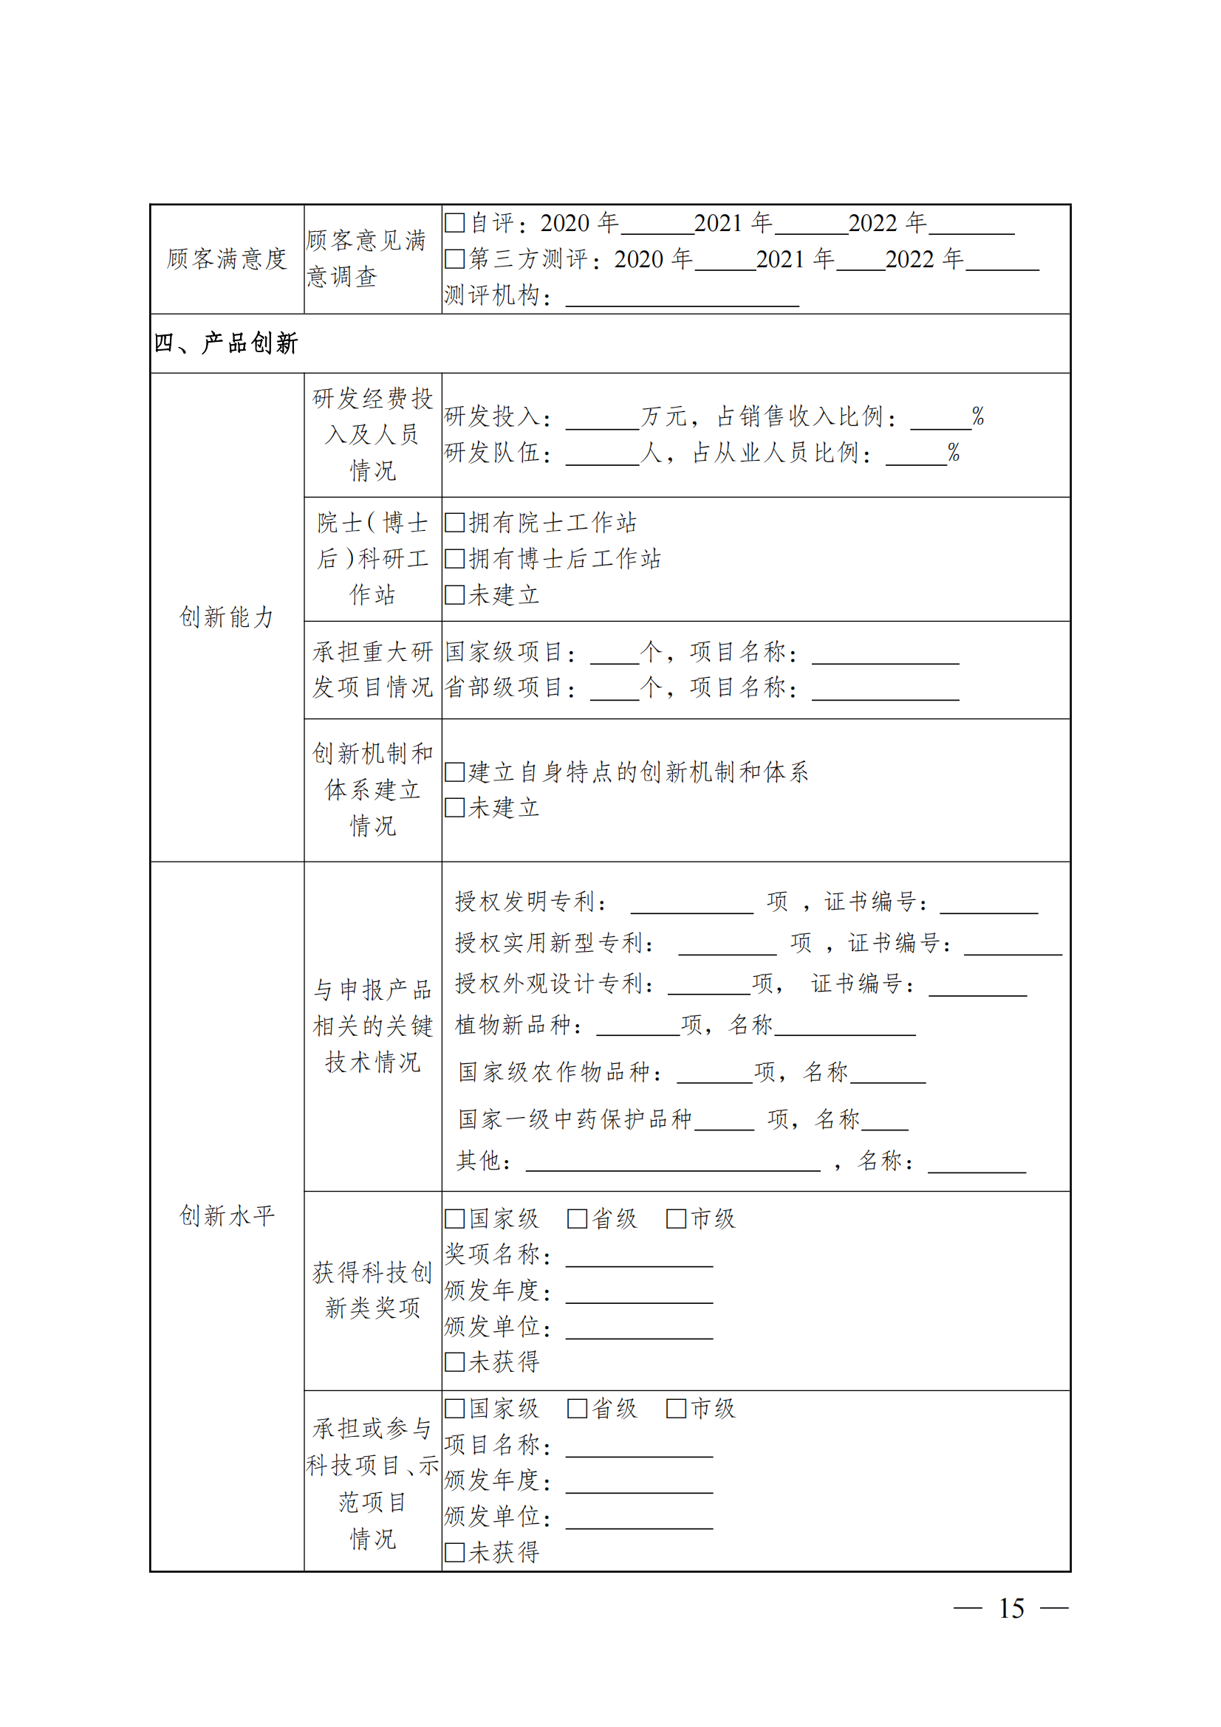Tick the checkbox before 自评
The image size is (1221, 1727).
[x=454, y=223]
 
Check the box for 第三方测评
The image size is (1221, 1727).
[x=454, y=258]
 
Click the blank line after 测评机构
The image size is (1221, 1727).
[x=682, y=299]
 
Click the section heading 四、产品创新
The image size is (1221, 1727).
[x=227, y=344]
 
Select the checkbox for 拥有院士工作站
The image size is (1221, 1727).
[x=454, y=523]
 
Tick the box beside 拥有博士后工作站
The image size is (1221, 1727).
[x=454, y=559]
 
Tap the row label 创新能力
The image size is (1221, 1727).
[x=227, y=617]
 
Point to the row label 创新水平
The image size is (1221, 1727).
[x=227, y=1215]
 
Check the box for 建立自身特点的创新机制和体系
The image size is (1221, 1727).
[x=454, y=772]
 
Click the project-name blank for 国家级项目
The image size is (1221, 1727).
[x=885, y=656]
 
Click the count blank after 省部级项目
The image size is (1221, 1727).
[x=614, y=692]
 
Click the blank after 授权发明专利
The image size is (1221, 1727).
[x=691, y=906]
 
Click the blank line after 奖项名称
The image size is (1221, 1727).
[x=639, y=1259]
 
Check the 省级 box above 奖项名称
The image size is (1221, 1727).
[x=577, y=1218]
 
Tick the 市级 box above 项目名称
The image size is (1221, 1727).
[x=677, y=1409]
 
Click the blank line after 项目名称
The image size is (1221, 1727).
[x=639, y=1449]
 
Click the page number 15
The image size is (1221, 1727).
[x=1011, y=1609]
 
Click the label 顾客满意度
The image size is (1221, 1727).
[x=227, y=258]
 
